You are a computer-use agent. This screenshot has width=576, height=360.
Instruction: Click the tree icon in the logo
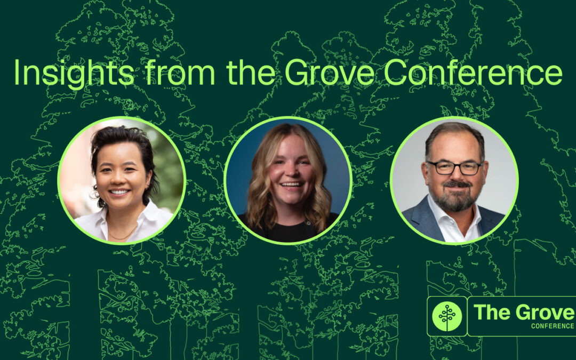[x=447, y=316]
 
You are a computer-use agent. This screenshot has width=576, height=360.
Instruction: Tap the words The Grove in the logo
[x=523, y=312]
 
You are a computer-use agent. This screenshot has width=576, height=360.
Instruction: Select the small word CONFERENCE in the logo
[x=553, y=326]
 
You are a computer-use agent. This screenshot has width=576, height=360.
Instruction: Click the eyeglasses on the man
[x=454, y=167]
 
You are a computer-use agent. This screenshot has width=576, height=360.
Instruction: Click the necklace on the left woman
[x=123, y=234]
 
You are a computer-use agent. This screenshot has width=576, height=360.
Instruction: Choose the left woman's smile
[x=119, y=191]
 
